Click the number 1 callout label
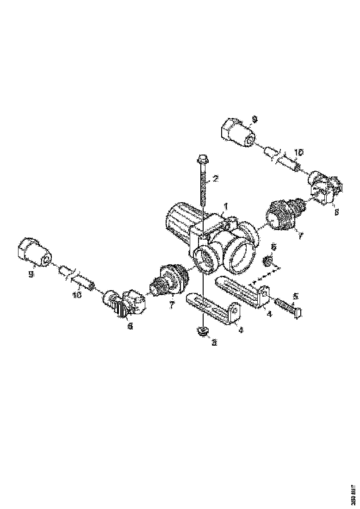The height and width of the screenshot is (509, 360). point(226,205)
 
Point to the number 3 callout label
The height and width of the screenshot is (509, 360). point(214,342)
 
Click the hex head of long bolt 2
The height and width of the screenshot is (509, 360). point(203,160)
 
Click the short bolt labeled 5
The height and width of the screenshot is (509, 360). point(288,306)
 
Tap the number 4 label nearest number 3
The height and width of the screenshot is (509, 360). point(241,329)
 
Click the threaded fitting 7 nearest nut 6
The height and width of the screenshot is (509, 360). point(283,215)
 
